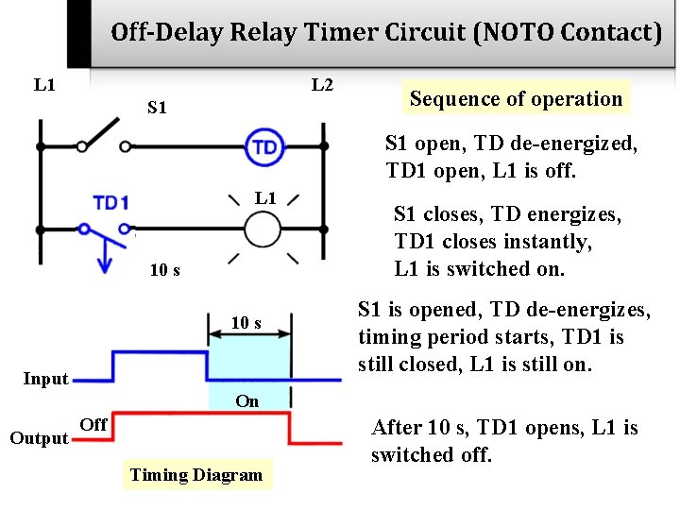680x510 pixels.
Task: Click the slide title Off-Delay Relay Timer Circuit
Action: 385,33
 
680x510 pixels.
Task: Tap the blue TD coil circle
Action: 265,146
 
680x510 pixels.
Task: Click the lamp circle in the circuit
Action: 263,229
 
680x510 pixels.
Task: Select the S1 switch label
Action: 158,108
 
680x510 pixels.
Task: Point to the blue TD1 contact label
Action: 110,202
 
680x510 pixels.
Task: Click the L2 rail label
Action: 322,85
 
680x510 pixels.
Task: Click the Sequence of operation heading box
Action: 517,98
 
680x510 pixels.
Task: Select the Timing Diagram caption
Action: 196,474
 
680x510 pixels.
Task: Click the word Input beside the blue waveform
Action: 45,379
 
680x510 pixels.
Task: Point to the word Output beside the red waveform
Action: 39,437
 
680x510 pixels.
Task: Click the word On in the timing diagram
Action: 247,400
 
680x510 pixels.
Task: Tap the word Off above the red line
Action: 93,424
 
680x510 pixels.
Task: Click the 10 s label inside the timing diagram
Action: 246,323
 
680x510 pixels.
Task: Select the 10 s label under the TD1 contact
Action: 165,270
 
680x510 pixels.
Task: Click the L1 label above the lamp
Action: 265,197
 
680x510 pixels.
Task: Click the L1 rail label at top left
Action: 44,85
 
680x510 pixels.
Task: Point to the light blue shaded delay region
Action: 248,364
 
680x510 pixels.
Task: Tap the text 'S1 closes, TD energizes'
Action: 507,214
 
